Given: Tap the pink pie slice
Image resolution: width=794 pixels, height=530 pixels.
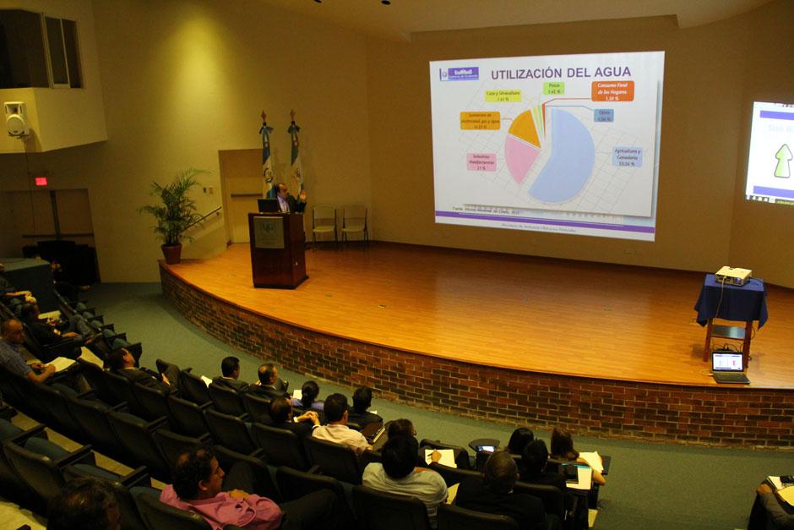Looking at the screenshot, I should [x=519, y=158].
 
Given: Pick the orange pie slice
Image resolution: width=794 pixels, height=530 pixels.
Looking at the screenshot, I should [x=525, y=128].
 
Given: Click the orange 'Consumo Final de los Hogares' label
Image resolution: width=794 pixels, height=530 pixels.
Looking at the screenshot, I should [x=612, y=90].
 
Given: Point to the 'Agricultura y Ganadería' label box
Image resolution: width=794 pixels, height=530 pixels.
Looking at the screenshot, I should [x=628, y=156].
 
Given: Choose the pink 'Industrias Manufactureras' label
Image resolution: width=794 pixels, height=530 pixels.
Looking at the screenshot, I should [x=481, y=162].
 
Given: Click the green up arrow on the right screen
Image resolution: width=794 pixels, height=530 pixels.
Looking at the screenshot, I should [x=783, y=161].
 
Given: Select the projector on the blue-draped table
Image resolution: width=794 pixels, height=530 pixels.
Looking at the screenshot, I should [x=732, y=276].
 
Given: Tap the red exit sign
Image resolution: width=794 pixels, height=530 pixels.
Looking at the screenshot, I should [x=41, y=181].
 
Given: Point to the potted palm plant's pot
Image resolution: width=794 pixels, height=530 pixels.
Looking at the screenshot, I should [x=172, y=254].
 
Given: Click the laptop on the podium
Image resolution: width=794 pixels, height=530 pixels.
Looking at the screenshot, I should [x=269, y=205].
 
